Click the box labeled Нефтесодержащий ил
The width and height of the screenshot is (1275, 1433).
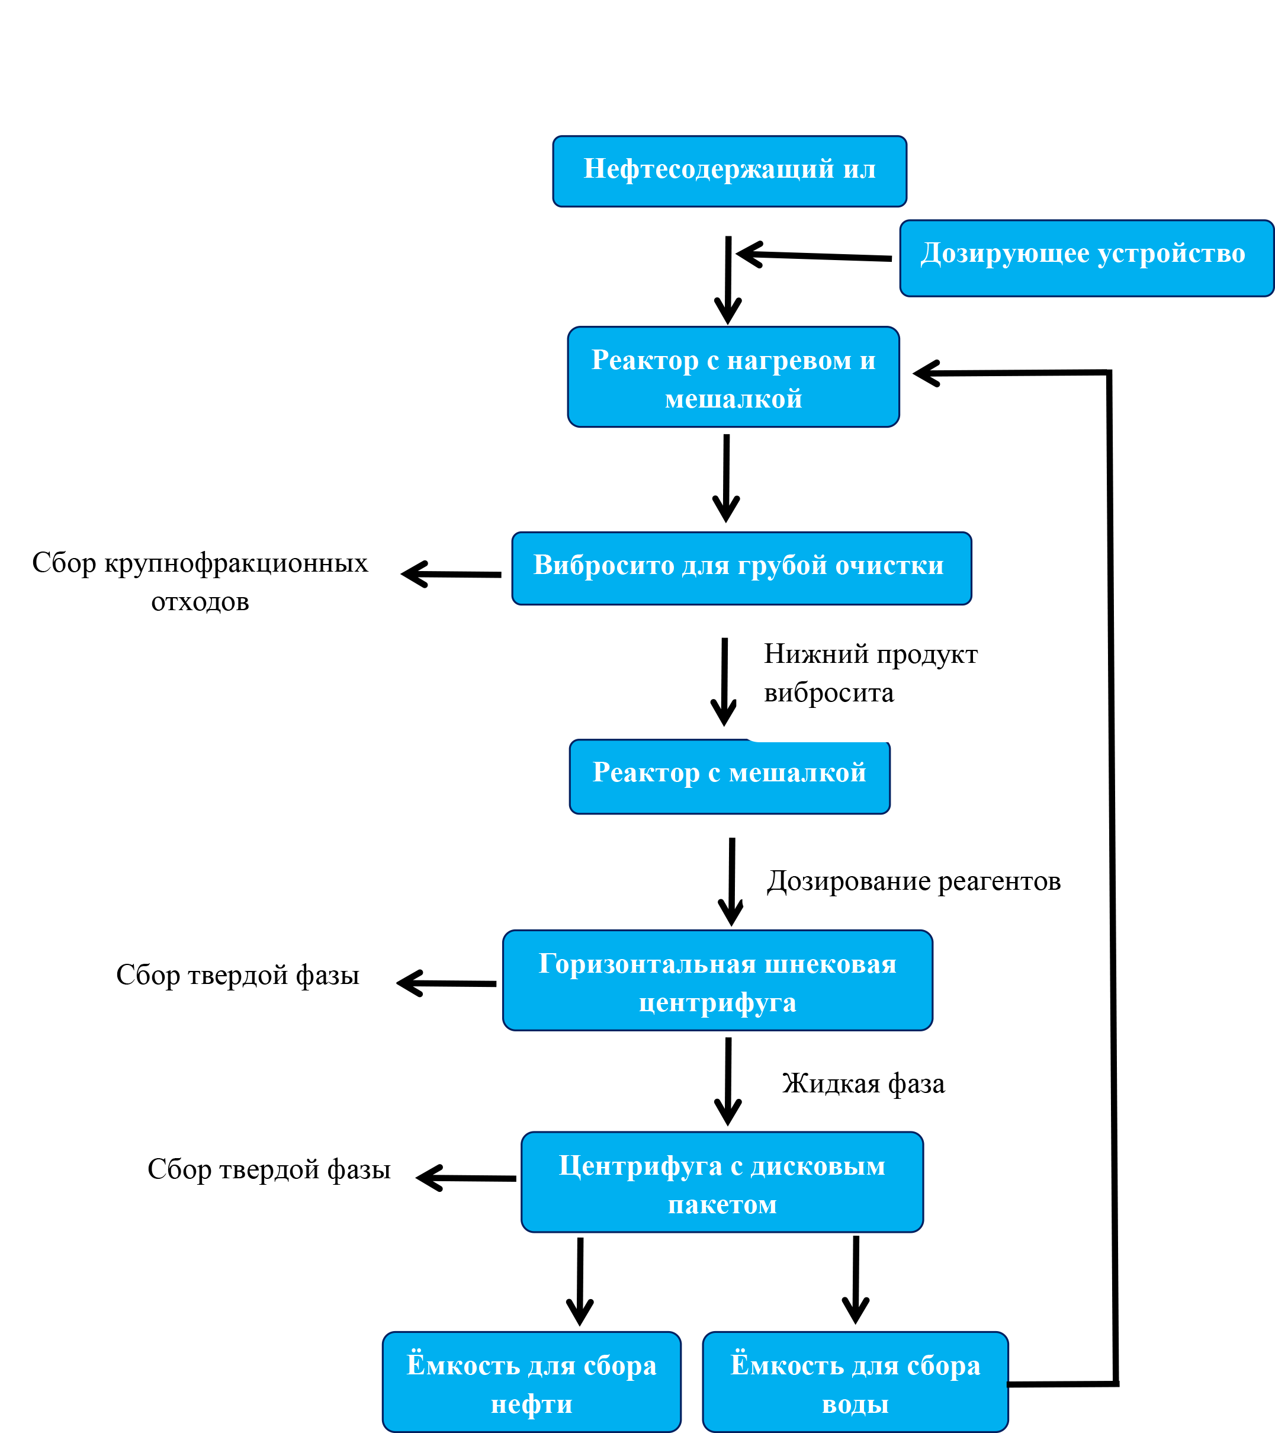click(x=729, y=171)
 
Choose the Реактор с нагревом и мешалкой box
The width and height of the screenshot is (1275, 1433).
click(x=733, y=377)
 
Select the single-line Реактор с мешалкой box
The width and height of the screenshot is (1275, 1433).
click(x=729, y=777)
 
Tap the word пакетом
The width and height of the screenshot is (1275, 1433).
click(x=722, y=1204)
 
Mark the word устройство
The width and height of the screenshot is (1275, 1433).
click(x=1171, y=254)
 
